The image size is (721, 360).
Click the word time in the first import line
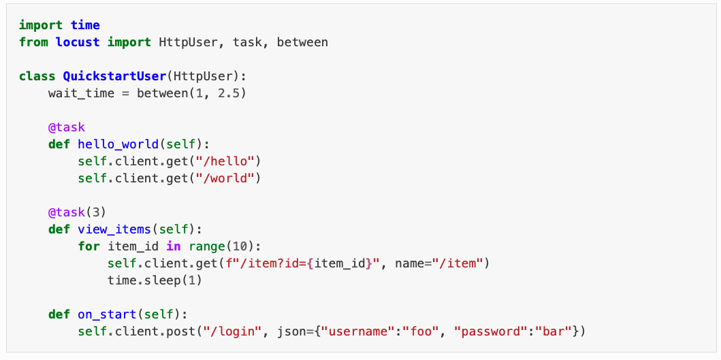coord(85,25)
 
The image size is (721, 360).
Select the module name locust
coord(78,42)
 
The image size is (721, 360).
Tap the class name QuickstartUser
coord(114,76)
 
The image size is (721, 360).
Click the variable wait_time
coord(81,93)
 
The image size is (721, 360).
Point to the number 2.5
coord(229,93)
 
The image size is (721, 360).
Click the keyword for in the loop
coord(89,246)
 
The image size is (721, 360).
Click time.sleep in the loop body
coord(144,280)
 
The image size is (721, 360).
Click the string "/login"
coord(236,331)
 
